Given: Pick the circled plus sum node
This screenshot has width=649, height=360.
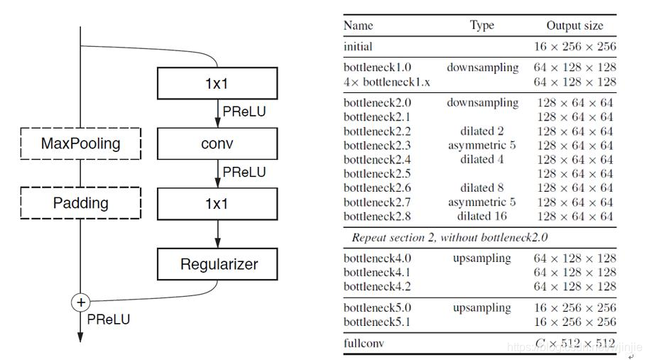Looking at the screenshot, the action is [x=81, y=302].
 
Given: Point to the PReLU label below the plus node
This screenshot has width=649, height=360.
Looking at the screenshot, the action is [x=109, y=320].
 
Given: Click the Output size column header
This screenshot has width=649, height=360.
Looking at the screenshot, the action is [x=575, y=26].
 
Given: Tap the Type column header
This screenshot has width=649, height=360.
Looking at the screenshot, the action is [x=482, y=26].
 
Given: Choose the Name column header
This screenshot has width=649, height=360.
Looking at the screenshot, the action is [x=358, y=26].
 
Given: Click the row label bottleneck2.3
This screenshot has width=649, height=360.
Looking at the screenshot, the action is [x=377, y=146].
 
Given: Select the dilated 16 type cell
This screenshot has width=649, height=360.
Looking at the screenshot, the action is [x=482, y=216].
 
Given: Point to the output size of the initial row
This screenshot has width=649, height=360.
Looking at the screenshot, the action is [x=575, y=46].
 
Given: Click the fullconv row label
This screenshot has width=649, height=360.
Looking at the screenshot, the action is [x=364, y=343].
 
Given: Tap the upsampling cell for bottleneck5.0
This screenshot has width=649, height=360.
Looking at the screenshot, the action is [x=482, y=308].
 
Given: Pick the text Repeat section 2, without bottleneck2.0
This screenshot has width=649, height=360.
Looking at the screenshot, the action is [x=450, y=238].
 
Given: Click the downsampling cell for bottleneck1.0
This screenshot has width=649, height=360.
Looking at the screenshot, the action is [x=483, y=67].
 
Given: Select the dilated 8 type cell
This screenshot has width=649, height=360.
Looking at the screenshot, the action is [x=482, y=188].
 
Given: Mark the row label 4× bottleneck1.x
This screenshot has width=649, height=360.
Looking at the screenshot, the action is [x=386, y=82].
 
